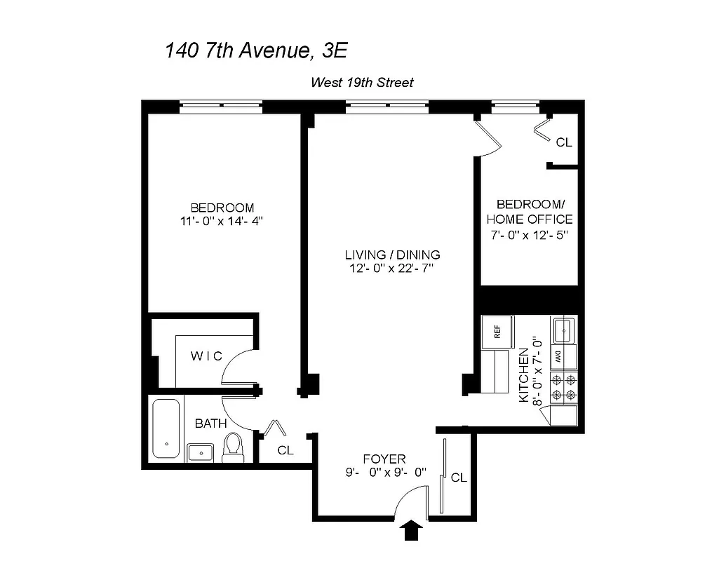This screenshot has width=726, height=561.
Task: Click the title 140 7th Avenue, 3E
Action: [x=256, y=50]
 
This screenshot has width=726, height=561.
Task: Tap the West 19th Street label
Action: [x=362, y=83]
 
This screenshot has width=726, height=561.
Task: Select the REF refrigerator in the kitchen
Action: [x=497, y=332]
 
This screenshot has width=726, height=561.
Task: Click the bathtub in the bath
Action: [x=167, y=428]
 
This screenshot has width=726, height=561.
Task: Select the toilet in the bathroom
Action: [x=232, y=447]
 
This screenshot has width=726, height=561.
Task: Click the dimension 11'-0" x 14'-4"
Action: [x=222, y=222]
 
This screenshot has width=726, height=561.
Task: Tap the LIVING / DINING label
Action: [x=392, y=255]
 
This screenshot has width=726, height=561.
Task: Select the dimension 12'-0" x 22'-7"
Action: [x=392, y=269]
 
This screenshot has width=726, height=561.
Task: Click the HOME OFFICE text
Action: [x=530, y=219]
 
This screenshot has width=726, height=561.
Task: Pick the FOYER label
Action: [x=384, y=459]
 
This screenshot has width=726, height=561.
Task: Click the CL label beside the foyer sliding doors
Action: [x=459, y=478]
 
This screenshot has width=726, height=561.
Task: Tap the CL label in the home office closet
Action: [x=564, y=142]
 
